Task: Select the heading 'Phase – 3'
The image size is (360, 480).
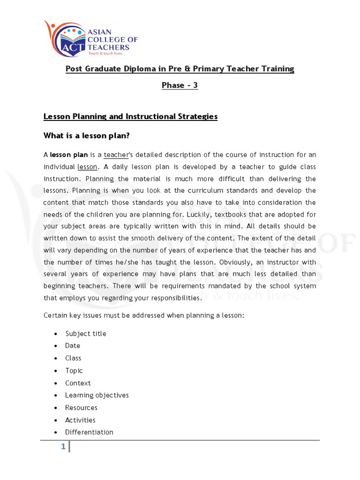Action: coord(180,85)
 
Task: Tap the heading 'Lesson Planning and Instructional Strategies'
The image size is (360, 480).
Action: coord(130,116)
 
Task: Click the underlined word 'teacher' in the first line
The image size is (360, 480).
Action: coord(115,155)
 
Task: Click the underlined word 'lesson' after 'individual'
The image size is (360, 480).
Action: coord(87,167)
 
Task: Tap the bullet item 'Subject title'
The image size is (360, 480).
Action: coord(86,334)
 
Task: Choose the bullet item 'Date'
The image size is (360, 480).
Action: coord(73,345)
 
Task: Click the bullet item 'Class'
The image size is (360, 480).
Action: coord(73,358)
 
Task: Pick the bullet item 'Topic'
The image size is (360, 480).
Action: coord(74,370)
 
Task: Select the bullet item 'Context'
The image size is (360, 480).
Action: coord(78,383)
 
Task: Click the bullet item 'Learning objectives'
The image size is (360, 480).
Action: coord(97,395)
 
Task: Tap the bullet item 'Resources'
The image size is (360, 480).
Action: coord(82,408)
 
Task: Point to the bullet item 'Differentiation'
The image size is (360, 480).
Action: coord(89,432)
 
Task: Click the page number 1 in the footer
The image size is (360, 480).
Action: coord(62,447)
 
